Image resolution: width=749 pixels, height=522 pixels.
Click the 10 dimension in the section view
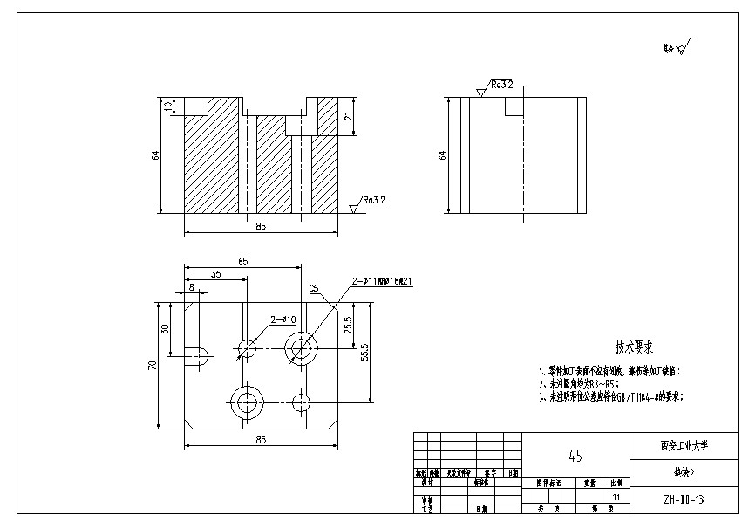click(x=167, y=106)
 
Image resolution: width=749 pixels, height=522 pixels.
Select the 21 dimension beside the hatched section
click(x=348, y=116)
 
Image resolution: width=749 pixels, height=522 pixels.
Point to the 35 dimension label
click(x=215, y=274)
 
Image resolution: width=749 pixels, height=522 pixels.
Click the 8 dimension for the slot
click(x=191, y=287)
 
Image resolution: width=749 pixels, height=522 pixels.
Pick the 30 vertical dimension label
click(x=166, y=328)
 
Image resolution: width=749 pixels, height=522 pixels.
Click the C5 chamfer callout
click(x=314, y=287)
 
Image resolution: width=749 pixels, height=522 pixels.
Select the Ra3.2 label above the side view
click(x=501, y=85)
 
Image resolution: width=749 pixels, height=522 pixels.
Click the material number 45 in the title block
click(x=575, y=456)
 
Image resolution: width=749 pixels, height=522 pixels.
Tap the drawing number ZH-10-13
click(x=684, y=500)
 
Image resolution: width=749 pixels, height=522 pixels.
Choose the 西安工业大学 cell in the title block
click(x=684, y=444)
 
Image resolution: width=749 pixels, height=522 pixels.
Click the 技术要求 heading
click(x=636, y=346)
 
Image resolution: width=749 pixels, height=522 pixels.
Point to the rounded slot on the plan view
click(x=197, y=353)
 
